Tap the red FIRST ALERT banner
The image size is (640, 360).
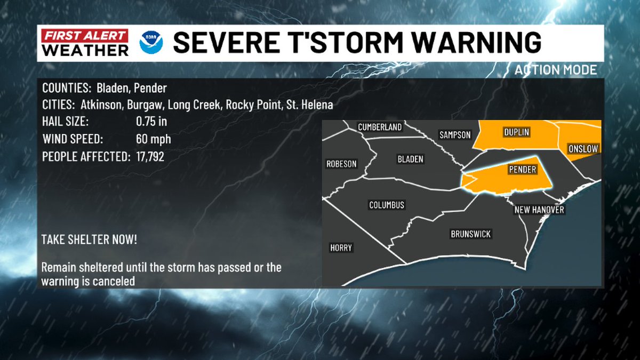click(85, 36)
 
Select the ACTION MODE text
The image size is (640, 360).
click(556, 70)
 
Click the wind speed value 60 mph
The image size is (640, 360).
click(154, 140)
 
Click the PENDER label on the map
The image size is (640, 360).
click(522, 170)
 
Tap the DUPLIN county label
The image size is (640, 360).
click(517, 131)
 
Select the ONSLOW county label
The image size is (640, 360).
click(583, 149)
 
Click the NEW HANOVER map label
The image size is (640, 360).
click(539, 210)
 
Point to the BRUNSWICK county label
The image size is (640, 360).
click(470, 234)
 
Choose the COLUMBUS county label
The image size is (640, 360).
click(387, 205)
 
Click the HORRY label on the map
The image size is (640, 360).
click(341, 248)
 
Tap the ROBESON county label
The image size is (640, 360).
click(341, 164)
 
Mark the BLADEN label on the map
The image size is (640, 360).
click(410, 159)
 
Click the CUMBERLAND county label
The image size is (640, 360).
click(379, 127)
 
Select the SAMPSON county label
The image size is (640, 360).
click(455, 135)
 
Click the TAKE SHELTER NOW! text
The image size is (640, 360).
click(89, 239)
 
